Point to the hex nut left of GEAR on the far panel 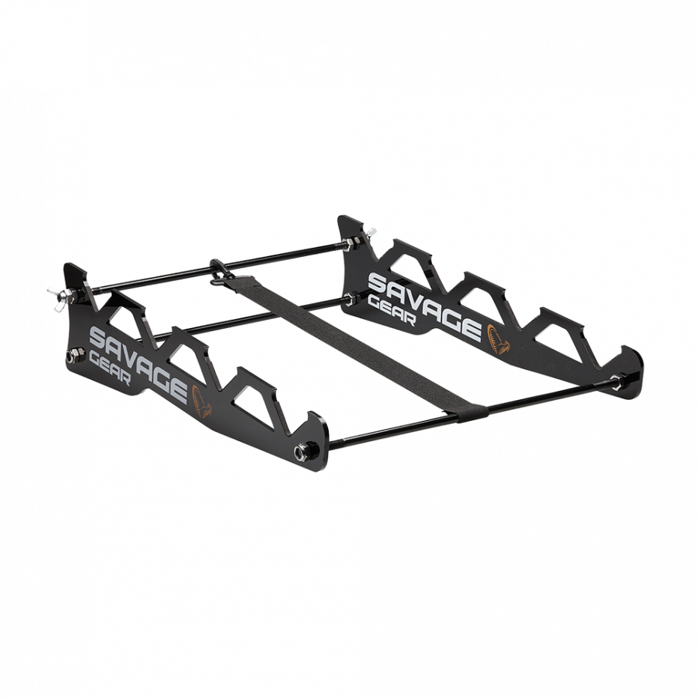coord(350,304)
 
